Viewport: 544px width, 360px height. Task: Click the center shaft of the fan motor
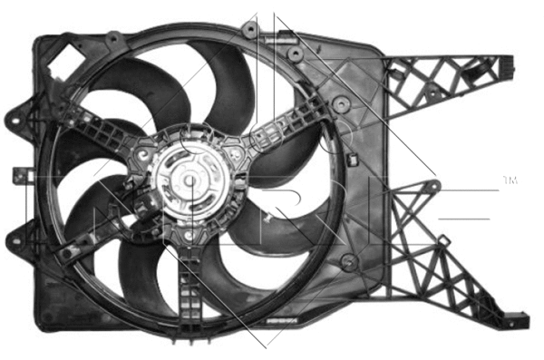pyautogui.click(x=193, y=180)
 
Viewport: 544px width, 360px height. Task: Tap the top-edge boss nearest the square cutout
pyautogui.click(x=113, y=40)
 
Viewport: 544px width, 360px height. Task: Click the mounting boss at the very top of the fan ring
pyautogui.click(x=249, y=30)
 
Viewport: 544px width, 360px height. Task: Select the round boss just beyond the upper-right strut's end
pyautogui.click(x=341, y=104)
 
